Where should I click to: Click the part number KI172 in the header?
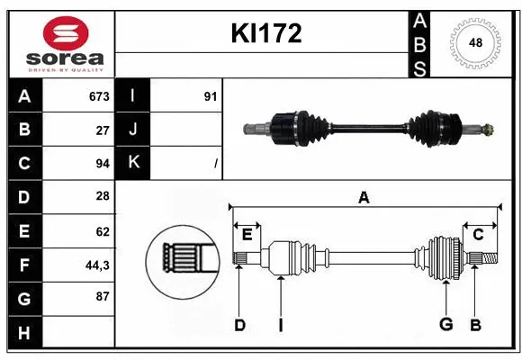pyautogui.click(x=266, y=34)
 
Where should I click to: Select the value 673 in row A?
pyautogui.click(x=98, y=96)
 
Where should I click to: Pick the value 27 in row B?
pyautogui.click(x=102, y=130)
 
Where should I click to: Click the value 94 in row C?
pyautogui.click(x=102, y=164)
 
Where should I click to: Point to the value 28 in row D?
pyautogui.click(x=102, y=197)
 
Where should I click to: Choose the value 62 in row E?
pyautogui.click(x=102, y=231)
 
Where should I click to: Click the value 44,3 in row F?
pyautogui.click(x=97, y=265)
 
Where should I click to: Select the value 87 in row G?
pyautogui.click(x=102, y=296)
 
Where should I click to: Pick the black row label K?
pyautogui.click(x=133, y=162)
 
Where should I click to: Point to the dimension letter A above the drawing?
pyautogui.click(x=364, y=198)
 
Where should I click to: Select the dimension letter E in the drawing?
pyautogui.click(x=247, y=234)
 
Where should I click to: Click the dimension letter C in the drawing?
pyautogui.click(x=478, y=234)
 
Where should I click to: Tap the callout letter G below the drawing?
pyautogui.click(x=445, y=325)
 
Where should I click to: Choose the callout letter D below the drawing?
pyautogui.click(x=239, y=325)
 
